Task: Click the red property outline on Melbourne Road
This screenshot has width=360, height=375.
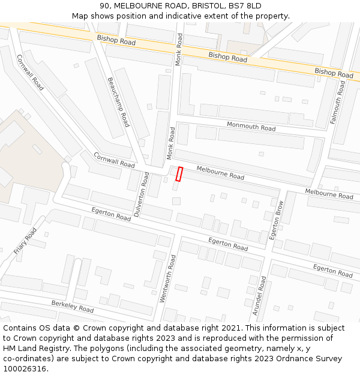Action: click(x=179, y=173)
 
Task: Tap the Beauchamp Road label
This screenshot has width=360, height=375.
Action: click(x=118, y=101)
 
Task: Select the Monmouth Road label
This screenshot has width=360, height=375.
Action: click(x=251, y=126)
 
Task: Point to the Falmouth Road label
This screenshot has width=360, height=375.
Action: click(x=337, y=102)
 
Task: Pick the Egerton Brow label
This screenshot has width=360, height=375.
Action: click(x=277, y=220)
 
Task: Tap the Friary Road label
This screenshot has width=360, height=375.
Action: click(x=25, y=241)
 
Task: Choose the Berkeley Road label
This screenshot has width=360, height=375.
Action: click(x=72, y=307)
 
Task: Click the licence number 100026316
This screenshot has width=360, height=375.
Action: click(x=25, y=368)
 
